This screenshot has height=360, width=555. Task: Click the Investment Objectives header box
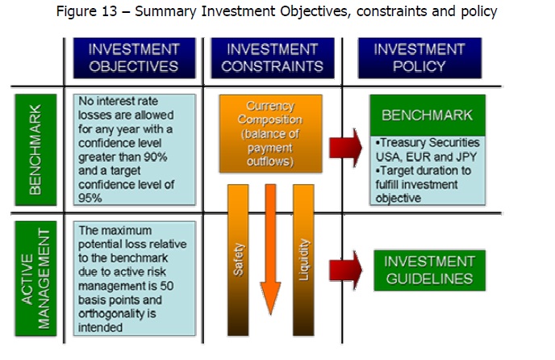coord(133,57)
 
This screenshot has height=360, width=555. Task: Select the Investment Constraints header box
coord(269,57)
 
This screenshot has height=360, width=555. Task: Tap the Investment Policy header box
coord(419,57)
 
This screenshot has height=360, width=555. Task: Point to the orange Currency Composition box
coord(269,133)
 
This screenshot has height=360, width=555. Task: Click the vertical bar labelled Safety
coord(238,258)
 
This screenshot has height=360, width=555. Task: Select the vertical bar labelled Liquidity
coord(303,258)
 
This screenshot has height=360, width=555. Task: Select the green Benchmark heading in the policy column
coord(428,115)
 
